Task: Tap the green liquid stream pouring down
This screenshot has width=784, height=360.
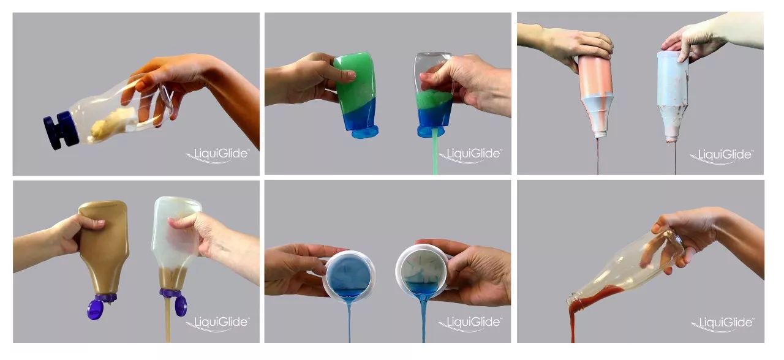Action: tap(435, 151)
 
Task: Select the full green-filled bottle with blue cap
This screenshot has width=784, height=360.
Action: tap(356, 95)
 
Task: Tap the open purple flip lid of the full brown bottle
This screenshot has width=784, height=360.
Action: tap(94, 309)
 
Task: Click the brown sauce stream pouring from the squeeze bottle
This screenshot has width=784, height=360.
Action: tap(168, 318)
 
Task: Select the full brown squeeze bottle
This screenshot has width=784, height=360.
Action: tap(103, 249)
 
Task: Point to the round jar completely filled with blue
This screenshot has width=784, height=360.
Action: tap(349, 276)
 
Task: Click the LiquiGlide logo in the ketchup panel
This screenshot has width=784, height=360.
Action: tap(722, 323)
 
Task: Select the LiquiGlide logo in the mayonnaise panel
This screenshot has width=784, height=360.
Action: tap(217, 155)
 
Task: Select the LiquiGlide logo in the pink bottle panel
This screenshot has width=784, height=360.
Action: tap(722, 156)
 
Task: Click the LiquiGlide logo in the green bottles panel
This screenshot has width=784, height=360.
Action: tap(470, 155)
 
